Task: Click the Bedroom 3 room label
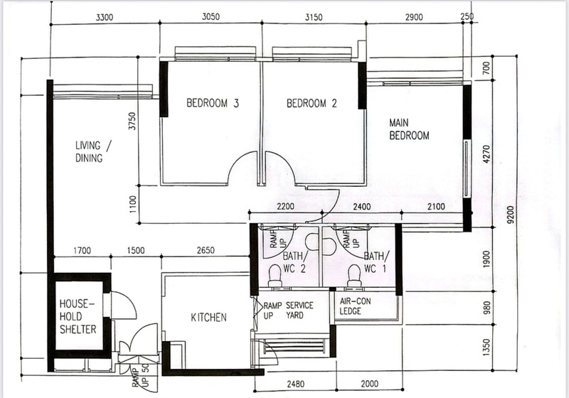(x=213, y=103)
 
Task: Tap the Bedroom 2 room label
(x=312, y=104)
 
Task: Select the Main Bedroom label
(x=409, y=129)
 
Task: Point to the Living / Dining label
(x=94, y=151)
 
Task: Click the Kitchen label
(x=208, y=318)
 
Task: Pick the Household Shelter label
(x=78, y=316)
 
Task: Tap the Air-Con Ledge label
(x=355, y=306)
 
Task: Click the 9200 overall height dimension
(x=511, y=215)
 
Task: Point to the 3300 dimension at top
(x=105, y=17)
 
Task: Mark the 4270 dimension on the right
(x=486, y=154)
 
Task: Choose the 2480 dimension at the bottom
(x=295, y=384)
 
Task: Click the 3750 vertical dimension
(x=132, y=121)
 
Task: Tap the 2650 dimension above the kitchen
(x=206, y=250)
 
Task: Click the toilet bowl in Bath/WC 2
(x=275, y=276)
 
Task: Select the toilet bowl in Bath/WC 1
(x=354, y=276)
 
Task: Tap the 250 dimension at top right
(x=467, y=16)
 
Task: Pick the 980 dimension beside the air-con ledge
(x=486, y=307)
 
